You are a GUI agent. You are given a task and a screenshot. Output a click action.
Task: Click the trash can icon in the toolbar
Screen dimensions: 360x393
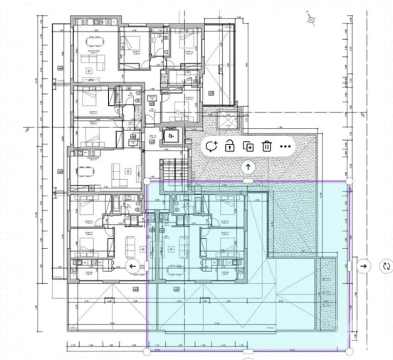tap(266, 146)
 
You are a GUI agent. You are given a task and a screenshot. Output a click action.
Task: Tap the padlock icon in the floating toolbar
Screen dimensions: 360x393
tap(229, 146)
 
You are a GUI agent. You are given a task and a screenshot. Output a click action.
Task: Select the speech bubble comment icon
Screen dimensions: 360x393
tap(211, 146)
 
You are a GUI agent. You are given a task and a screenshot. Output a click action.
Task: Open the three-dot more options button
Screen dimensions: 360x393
tap(285, 146)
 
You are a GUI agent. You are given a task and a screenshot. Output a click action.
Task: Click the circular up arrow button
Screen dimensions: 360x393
tap(248, 167)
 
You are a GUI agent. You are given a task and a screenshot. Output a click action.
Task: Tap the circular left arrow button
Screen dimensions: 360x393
tap(133, 266)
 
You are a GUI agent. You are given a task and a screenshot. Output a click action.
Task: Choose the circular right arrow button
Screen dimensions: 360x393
tap(364, 266)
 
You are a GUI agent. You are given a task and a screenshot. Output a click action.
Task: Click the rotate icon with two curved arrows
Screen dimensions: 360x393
tap(386, 266)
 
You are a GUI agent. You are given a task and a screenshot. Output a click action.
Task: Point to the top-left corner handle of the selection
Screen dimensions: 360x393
tap(147, 181)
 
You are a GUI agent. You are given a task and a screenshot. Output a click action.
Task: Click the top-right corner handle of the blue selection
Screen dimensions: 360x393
tap(350, 181)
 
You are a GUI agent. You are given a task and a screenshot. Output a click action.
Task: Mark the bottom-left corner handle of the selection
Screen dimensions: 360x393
tap(147, 351)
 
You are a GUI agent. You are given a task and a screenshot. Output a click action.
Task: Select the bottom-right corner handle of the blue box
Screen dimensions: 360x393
tap(350, 351)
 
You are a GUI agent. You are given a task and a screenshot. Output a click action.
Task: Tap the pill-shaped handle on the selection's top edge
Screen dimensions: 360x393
tap(248, 181)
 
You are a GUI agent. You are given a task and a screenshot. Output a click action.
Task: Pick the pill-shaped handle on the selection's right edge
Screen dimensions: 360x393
tap(350, 266)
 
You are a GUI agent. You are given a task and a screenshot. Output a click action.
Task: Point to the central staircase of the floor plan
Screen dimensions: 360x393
tap(171, 171)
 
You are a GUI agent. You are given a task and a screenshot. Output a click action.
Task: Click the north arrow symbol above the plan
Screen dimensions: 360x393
tap(311, 19)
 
